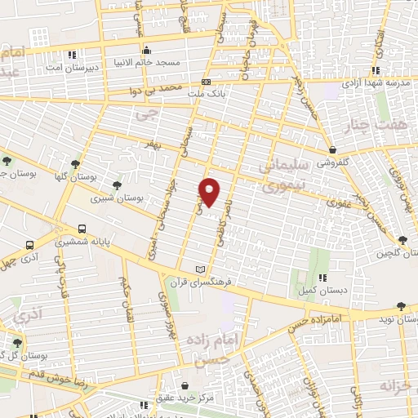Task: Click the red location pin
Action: pos(210,192)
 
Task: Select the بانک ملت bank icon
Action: pos(206,82)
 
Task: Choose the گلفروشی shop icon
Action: pos(333,150)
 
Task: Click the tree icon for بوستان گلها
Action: pos(76,163)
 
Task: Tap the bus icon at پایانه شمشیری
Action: pos(82,229)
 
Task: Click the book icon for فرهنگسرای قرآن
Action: pos(201,269)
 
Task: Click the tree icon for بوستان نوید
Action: pos(399,307)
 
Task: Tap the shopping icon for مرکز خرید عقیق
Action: pos(186,385)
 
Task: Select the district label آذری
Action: pos(29,312)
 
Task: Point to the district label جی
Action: pos(148,117)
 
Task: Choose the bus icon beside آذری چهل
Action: pos(30,244)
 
